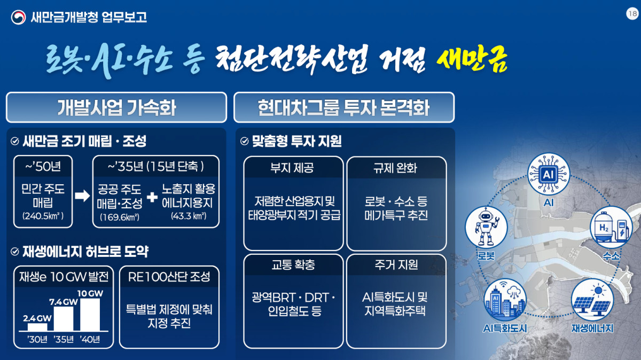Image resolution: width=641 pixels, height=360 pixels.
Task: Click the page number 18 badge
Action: pos(632,13)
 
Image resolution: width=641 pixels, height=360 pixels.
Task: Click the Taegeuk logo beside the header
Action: pos(18,17)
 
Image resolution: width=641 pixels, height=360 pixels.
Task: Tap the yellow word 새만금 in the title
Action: pos(472,60)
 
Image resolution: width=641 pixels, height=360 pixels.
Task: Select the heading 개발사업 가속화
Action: pos(116,107)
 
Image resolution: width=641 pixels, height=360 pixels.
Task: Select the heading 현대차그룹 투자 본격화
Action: pos(343,107)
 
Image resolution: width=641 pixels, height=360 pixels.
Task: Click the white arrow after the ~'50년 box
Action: pos(82,195)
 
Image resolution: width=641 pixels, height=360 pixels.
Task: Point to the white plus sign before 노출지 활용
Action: pos(152,197)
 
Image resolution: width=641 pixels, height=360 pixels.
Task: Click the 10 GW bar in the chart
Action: pos(90,315)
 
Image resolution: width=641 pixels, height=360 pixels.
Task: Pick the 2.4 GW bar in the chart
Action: pos(37,327)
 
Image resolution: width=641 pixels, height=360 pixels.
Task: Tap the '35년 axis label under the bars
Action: pos(64,339)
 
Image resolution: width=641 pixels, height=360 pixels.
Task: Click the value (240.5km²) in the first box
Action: pos(43,216)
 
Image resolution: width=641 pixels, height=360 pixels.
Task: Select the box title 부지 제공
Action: pos(292,168)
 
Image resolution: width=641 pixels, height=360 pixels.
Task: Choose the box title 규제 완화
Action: pos(395,168)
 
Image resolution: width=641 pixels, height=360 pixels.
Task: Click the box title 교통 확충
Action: pos(293,265)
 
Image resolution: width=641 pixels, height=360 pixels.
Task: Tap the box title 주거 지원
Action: pos(396,265)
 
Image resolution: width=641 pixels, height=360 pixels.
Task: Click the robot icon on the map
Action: pos(486,228)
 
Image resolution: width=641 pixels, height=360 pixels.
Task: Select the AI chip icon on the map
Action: pos(549,174)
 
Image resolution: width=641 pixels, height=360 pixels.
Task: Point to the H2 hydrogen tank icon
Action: pos(611,228)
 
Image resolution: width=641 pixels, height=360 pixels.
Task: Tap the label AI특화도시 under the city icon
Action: pos(505,328)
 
